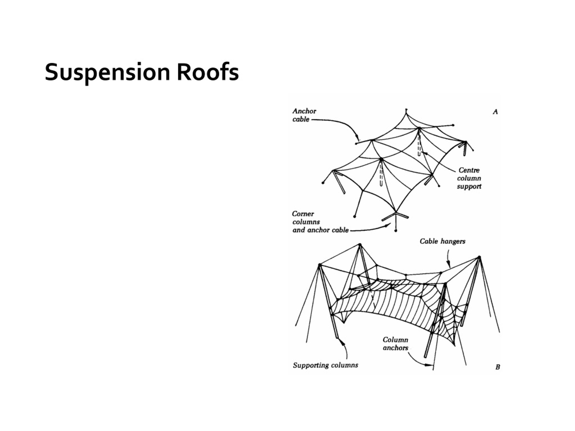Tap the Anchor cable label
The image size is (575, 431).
click(304, 115)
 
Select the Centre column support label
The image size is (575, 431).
click(469, 178)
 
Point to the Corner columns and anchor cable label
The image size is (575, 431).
click(320, 222)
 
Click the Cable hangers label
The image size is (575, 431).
click(442, 242)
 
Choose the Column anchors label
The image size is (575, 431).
click(395, 344)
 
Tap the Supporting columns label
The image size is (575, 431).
click(325, 365)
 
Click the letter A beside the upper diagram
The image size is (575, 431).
click(495, 112)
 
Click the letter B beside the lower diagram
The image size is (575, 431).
click(498, 367)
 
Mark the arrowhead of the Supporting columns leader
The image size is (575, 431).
click(343, 341)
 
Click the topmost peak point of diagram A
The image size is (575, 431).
click(406, 110)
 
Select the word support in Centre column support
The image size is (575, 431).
click(469, 187)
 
